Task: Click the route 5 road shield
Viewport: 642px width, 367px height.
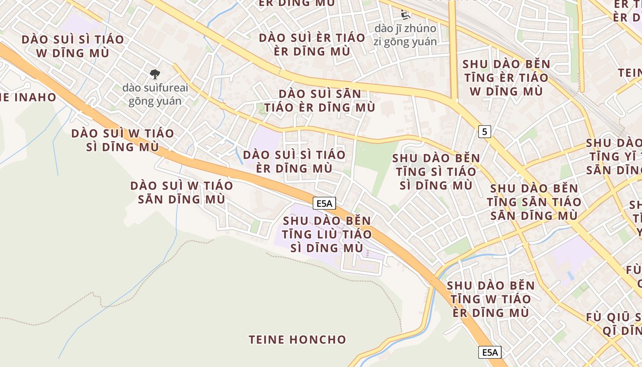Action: point(485,132)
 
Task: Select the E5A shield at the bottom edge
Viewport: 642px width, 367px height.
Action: point(490,352)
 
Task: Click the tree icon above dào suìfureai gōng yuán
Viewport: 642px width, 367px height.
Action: point(155,73)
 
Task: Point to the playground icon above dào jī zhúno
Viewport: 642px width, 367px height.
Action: point(405,15)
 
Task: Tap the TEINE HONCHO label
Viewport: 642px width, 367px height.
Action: point(297,339)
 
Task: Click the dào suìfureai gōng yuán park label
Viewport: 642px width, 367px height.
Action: point(155,94)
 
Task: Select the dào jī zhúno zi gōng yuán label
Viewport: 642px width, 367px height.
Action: point(405,35)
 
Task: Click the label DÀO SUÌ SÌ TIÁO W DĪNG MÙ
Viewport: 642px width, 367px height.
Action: point(73,46)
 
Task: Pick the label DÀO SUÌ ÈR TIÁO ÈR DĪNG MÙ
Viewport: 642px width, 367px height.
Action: point(312,44)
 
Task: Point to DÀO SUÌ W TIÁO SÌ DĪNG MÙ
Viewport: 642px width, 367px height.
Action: point(123,140)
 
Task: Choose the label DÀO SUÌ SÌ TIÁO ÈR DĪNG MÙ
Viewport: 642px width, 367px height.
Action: point(294,161)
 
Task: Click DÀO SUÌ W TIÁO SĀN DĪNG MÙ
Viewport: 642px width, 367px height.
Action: point(182,192)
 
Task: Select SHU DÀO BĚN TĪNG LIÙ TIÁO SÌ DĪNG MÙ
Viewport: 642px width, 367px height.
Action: point(327,234)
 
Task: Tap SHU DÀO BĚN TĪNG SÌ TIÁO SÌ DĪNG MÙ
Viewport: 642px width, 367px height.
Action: point(436,172)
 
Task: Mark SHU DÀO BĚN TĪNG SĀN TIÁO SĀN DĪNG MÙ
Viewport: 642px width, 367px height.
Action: point(534,202)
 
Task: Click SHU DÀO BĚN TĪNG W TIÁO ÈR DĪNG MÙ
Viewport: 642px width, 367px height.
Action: point(490,299)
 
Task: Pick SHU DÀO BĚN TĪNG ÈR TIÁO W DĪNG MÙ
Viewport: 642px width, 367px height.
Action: point(506,78)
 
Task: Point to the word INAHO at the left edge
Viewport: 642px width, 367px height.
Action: point(36,97)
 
